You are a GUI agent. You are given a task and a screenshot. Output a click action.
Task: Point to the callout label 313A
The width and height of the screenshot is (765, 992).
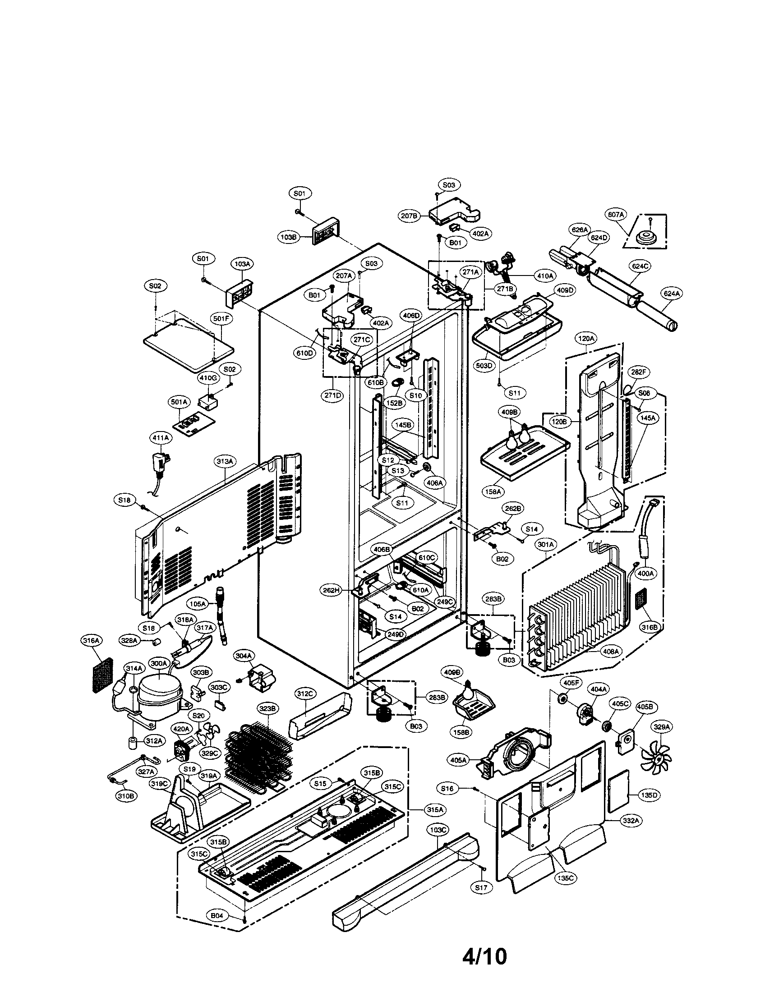pos(226,461)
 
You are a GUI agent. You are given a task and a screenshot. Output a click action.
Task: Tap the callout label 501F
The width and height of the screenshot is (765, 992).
pos(221,319)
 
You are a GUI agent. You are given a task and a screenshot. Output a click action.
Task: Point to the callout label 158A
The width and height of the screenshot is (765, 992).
pos(493,491)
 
